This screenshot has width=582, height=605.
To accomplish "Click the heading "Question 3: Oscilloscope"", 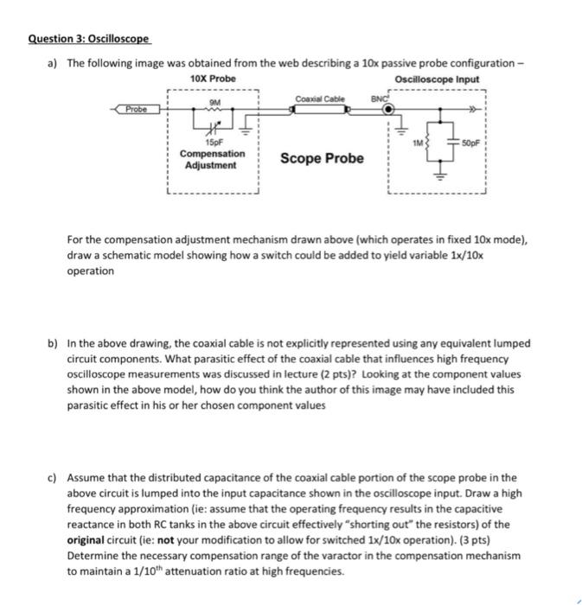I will pyautogui.click(x=89, y=39).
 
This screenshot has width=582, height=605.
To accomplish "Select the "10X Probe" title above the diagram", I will pyautogui.click(x=212, y=79).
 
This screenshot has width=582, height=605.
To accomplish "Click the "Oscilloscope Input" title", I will pyautogui.click(x=436, y=79).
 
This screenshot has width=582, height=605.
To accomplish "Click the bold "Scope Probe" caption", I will pyautogui.click(x=323, y=158).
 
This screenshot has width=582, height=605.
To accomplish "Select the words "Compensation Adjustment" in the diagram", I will pyautogui.click(x=212, y=158).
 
